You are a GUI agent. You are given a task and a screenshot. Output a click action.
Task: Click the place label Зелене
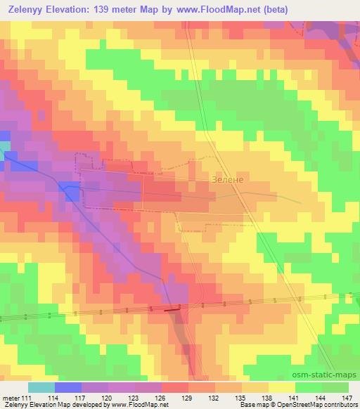click(226, 180)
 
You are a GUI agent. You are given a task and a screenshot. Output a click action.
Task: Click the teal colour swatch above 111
click(41, 387)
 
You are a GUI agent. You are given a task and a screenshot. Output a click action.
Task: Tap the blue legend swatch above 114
click(67, 387)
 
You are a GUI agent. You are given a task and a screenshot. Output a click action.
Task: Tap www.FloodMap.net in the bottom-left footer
click(140, 405)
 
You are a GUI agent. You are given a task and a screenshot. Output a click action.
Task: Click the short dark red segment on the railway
click(172, 308)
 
